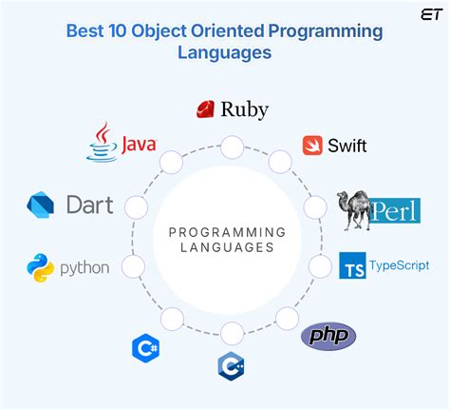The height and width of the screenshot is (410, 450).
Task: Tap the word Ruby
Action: [244, 109]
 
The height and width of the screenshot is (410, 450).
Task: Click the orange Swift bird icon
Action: [312, 146]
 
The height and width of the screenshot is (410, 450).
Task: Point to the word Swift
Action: [347, 146]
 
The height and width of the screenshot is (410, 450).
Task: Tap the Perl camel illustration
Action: [357, 210]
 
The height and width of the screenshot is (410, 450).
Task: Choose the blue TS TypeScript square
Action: [352, 264]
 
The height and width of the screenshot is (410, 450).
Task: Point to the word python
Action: [84, 268]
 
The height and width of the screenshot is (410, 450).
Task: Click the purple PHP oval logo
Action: [328, 335]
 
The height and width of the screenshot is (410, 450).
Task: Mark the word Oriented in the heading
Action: [232, 30]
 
